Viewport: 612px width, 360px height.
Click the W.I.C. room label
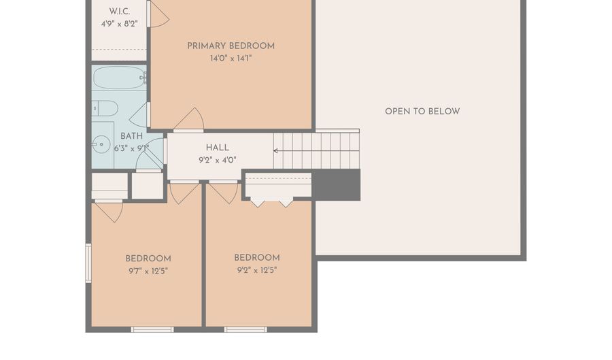click(120, 12)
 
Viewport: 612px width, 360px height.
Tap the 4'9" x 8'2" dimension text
click(120, 24)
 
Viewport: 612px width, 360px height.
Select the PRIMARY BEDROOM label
click(231, 46)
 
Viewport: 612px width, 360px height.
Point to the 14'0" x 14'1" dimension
click(231, 59)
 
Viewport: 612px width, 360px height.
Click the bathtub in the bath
click(120, 78)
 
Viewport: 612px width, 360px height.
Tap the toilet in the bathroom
click(105, 108)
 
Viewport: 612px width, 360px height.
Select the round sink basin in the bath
click(101, 144)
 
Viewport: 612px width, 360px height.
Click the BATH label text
click(131, 136)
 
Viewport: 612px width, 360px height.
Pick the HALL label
click(218, 148)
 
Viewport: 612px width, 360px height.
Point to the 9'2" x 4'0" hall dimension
click(218, 160)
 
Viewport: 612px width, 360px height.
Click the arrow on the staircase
click(316, 150)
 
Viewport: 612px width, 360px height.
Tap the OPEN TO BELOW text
click(422, 112)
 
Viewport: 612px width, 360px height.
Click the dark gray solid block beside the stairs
click(336, 185)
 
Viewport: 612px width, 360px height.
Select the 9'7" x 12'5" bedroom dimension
click(148, 271)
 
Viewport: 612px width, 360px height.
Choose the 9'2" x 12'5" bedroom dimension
click(257, 270)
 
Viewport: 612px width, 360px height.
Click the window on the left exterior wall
click(88, 263)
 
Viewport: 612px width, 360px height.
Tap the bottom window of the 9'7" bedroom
click(152, 329)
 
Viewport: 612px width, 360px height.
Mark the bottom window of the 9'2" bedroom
click(245, 329)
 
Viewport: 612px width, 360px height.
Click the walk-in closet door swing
click(158, 14)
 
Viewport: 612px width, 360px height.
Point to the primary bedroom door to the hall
click(189, 120)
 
